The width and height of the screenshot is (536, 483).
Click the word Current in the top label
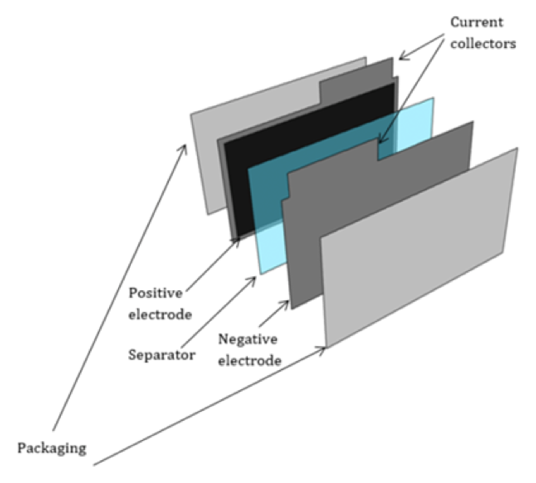[477, 22]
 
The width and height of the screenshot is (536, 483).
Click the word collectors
[483, 44]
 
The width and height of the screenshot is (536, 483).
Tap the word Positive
[155, 293]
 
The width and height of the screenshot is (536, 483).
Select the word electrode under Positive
[160, 315]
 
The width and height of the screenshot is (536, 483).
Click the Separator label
[162, 355]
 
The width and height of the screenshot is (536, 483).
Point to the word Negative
[248, 339]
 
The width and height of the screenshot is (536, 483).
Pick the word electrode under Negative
[250, 361]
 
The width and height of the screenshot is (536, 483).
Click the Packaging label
[52, 448]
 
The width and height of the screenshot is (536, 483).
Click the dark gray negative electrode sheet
[363, 209]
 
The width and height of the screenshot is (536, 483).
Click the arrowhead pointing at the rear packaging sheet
[185, 147]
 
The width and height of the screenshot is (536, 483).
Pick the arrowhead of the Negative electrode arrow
[286, 303]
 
